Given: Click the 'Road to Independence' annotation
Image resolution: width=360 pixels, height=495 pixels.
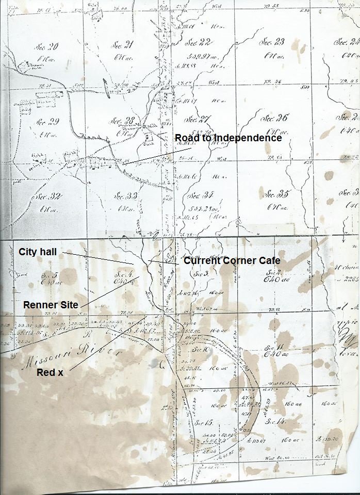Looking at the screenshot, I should click(x=228, y=138).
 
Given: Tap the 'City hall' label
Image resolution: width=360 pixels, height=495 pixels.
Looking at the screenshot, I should click(x=38, y=252).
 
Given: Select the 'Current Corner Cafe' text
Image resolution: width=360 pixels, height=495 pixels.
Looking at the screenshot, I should click(x=232, y=261).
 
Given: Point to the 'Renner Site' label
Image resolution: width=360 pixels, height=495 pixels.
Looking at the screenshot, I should click(x=51, y=305).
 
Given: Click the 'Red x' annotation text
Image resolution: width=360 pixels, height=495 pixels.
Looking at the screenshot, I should click(x=50, y=372).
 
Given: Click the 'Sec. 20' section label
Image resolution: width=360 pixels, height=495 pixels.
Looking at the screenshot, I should click(x=46, y=47).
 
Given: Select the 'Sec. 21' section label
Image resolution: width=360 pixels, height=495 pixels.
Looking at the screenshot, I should click(x=122, y=45).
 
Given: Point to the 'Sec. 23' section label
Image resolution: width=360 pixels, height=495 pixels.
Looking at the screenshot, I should click(x=272, y=42).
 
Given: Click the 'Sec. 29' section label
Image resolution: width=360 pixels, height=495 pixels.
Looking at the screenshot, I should click(x=47, y=122).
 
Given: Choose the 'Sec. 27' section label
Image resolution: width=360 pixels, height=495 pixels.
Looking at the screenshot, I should click(x=198, y=120).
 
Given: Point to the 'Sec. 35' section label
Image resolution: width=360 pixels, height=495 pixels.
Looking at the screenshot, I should click(x=275, y=194).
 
